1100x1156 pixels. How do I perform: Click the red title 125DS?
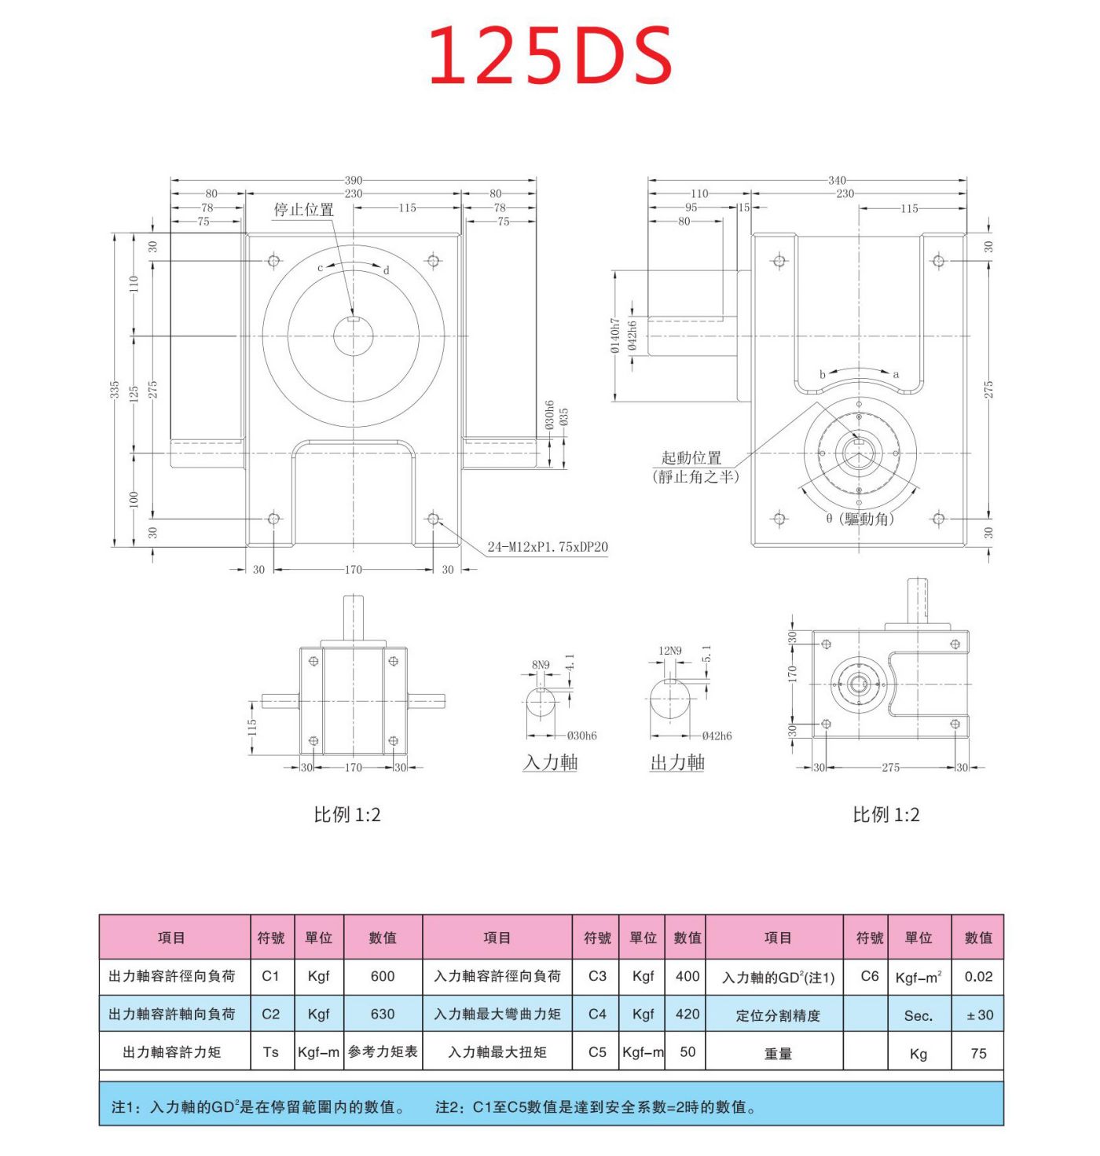coord(550,55)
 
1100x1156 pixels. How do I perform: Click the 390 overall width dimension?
coord(354,181)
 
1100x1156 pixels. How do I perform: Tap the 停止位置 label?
coord(303,210)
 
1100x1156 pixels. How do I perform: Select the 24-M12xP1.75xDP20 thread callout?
coord(548,547)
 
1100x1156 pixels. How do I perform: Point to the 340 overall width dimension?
coord(837,181)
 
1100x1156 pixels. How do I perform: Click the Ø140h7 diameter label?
coord(616,336)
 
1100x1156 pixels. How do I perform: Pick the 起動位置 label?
coord(691,457)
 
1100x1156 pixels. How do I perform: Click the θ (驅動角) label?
coord(860,519)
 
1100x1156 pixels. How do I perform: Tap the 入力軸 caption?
coord(550,762)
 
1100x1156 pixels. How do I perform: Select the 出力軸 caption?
coord(677,762)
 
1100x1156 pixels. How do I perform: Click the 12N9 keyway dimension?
coord(670,651)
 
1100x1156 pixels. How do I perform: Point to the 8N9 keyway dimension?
coord(541,665)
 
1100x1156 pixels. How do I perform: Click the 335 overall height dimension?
coord(115,390)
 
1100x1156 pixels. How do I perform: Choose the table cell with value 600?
coord(383,976)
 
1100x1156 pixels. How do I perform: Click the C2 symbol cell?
coord(271,1014)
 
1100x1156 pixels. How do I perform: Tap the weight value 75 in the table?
coord(978,1053)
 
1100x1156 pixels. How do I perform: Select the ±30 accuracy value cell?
coord(979,1015)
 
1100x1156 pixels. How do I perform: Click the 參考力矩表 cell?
coord(383,1051)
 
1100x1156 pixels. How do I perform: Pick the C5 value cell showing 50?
coord(687,1051)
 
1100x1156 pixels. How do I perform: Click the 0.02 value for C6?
coord(978,977)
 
